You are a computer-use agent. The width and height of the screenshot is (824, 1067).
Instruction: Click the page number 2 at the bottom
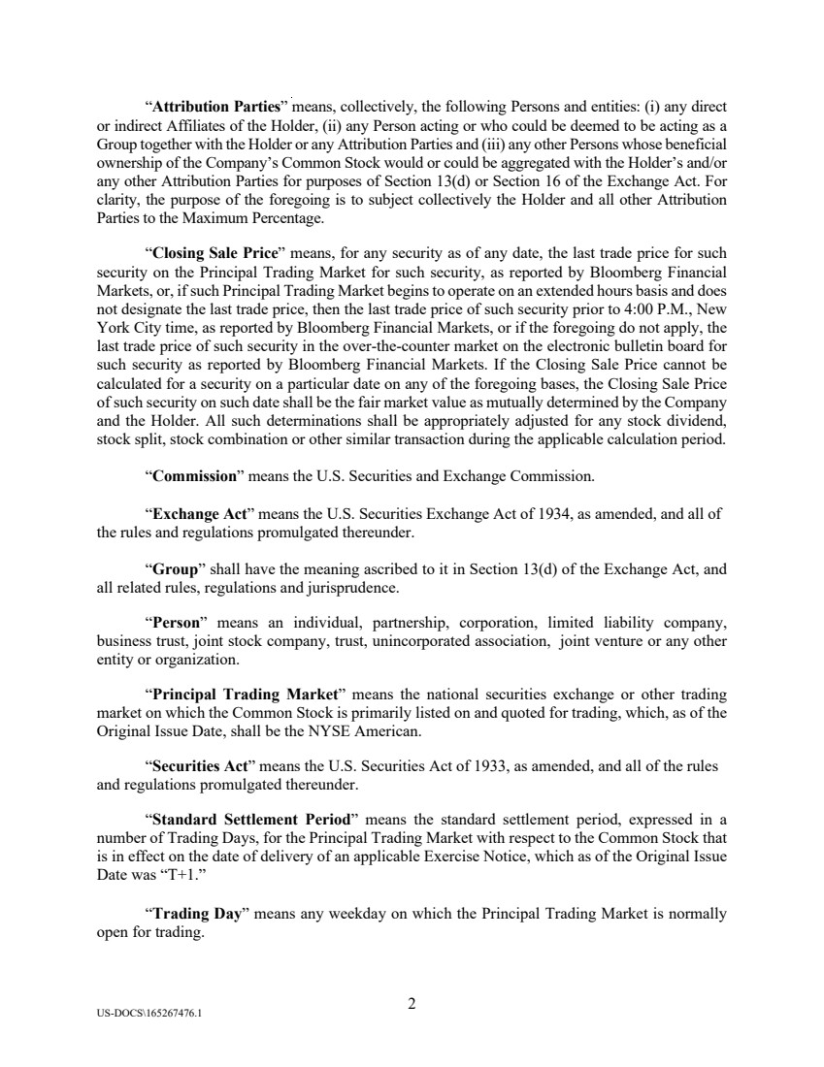tap(412, 1004)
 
